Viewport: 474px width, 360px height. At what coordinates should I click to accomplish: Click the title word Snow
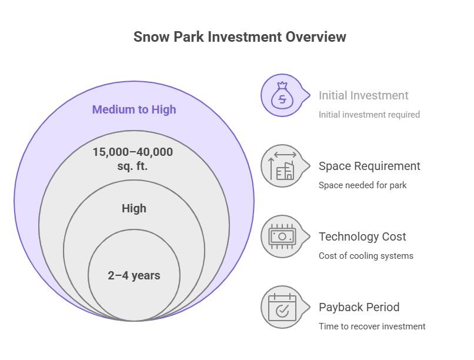pyautogui.click(x=152, y=37)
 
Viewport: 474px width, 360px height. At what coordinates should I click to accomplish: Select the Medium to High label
pyautogui.click(x=134, y=109)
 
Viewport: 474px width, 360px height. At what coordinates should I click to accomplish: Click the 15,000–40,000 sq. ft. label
pyautogui.click(x=133, y=159)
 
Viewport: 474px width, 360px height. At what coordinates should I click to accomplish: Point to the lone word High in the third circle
pyautogui.click(x=134, y=209)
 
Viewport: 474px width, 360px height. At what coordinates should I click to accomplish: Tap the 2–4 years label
pyautogui.click(x=134, y=276)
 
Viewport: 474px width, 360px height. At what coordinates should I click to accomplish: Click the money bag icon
pyautogui.click(x=282, y=95)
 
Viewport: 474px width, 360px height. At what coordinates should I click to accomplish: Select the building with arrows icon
pyautogui.click(x=282, y=166)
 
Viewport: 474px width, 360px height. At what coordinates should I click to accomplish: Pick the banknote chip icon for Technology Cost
pyautogui.click(x=282, y=236)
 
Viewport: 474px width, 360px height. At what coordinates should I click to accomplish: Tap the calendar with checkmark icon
pyautogui.click(x=282, y=307)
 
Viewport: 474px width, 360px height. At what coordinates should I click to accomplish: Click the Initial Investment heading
pyautogui.click(x=363, y=95)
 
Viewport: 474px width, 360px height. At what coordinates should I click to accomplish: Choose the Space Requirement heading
pyautogui.click(x=369, y=166)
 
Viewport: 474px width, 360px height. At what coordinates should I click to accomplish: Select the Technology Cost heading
pyautogui.click(x=362, y=236)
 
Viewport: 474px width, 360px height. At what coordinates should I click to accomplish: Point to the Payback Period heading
pyautogui.click(x=359, y=308)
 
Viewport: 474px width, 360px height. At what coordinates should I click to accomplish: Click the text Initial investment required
pyautogui.click(x=369, y=115)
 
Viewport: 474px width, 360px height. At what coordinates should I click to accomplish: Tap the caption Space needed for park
pyautogui.click(x=362, y=185)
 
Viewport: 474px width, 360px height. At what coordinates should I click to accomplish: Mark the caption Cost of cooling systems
pyautogui.click(x=366, y=256)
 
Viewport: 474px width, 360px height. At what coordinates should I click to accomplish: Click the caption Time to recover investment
pyautogui.click(x=372, y=326)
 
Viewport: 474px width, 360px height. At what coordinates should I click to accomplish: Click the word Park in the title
pyautogui.click(x=189, y=37)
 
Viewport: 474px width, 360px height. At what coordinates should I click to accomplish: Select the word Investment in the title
pyautogui.click(x=245, y=37)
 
